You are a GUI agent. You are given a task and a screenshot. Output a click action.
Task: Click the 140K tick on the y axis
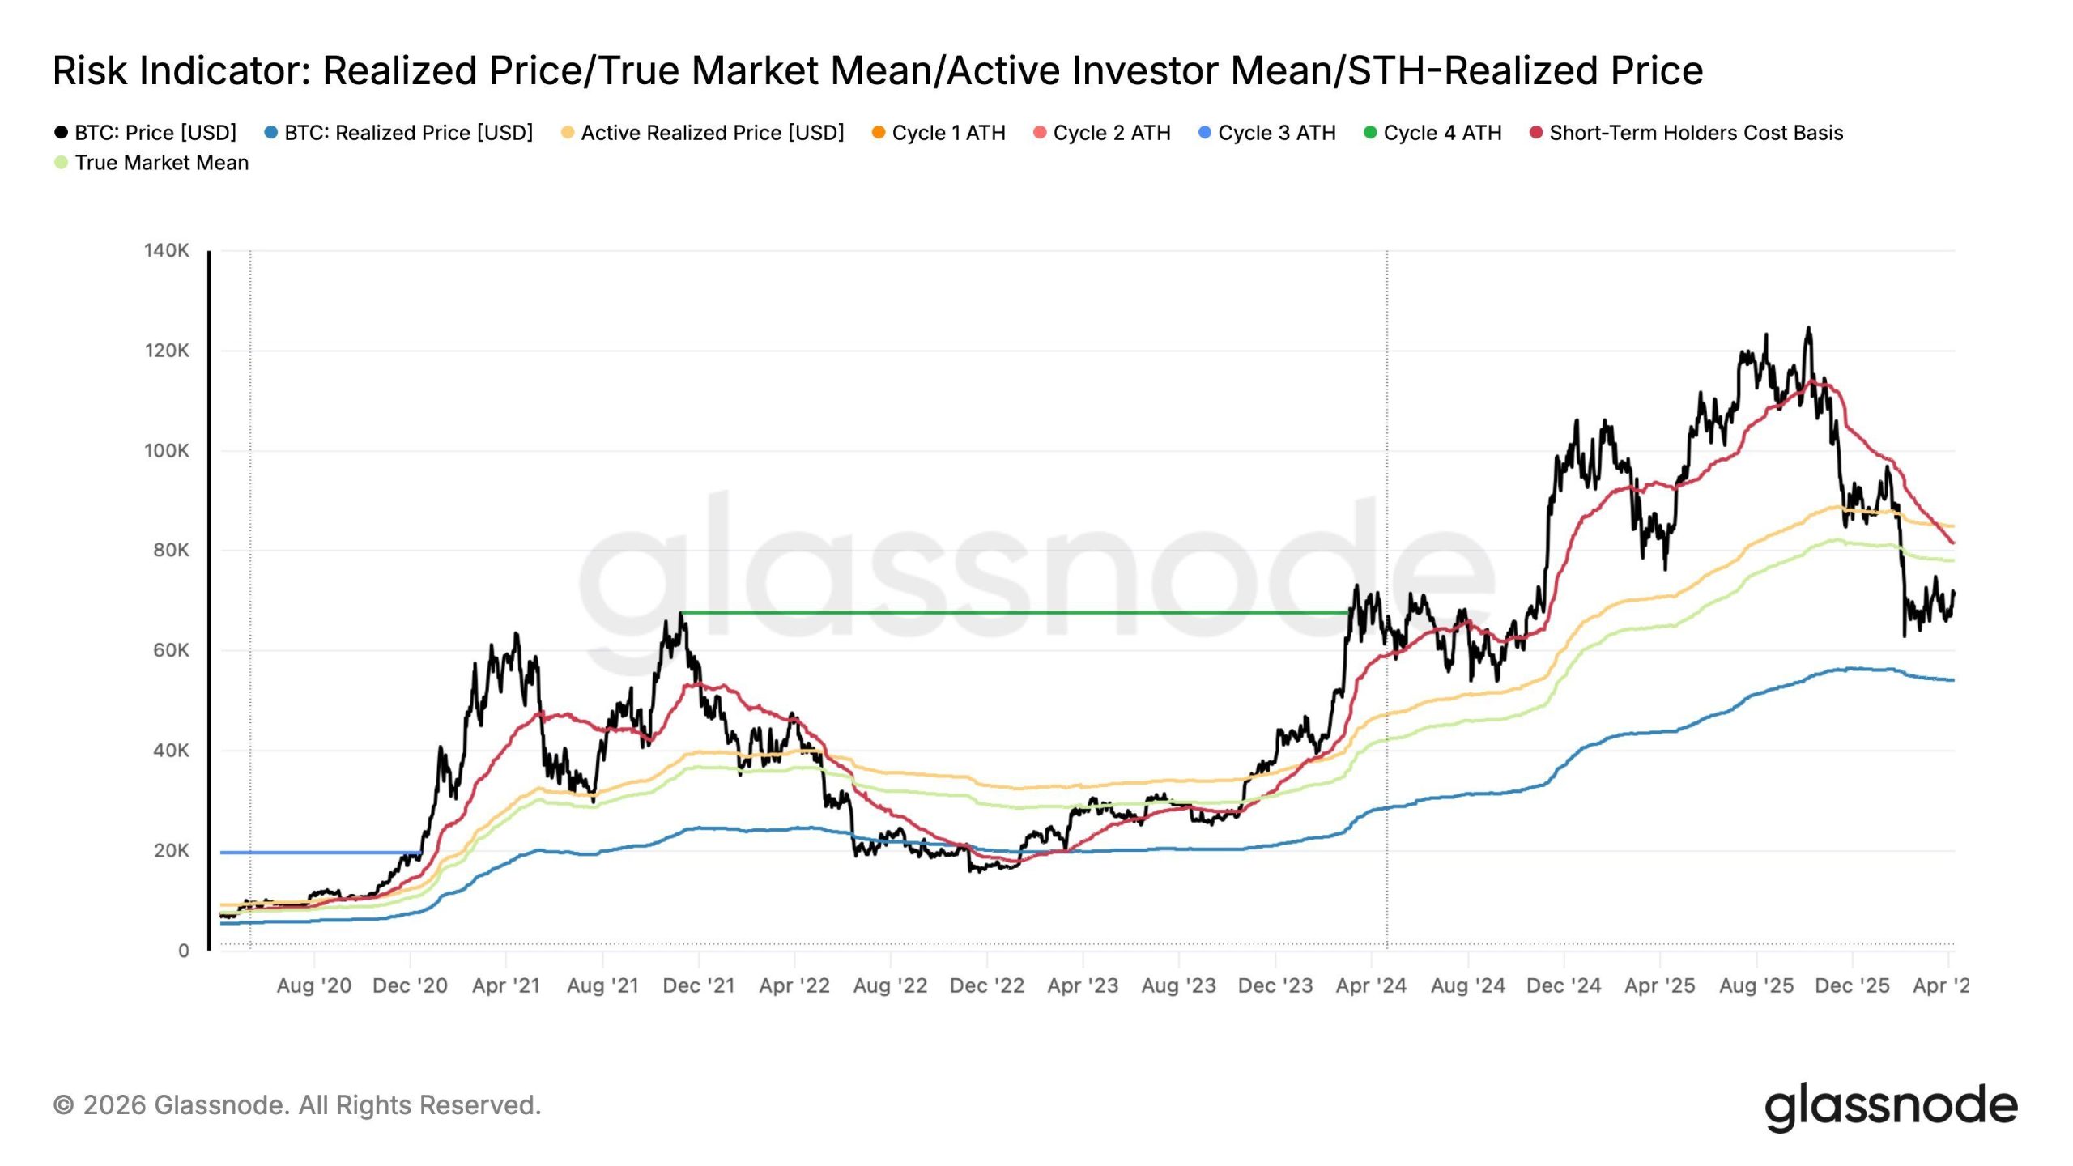[167, 251]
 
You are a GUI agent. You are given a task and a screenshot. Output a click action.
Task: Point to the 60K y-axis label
[171, 650]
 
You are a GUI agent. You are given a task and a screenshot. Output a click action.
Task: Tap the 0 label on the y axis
[184, 951]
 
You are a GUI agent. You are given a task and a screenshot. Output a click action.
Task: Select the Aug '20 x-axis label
[313, 985]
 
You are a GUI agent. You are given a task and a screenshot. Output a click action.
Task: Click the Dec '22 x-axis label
[986, 985]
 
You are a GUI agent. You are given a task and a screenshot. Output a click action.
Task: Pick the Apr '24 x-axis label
[1371, 985]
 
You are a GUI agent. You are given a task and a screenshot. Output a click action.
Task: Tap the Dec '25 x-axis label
[1852, 985]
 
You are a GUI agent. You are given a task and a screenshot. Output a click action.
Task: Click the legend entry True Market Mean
[161, 163]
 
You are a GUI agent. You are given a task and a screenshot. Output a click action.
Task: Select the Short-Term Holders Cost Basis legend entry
[1696, 133]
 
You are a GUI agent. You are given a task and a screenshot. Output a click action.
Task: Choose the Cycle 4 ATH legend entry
[1441, 133]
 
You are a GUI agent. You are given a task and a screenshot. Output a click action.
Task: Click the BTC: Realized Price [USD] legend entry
[408, 133]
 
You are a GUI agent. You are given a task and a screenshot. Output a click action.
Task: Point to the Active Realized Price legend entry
[712, 133]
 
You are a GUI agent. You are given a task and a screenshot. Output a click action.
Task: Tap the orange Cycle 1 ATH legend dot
[879, 132]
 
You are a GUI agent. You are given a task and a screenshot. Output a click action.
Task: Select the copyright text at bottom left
[297, 1105]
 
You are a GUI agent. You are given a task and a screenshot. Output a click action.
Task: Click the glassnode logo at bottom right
[1891, 1107]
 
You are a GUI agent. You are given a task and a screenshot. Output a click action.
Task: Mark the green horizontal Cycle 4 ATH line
[1012, 613]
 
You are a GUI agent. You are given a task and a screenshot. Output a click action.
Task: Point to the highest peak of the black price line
[1808, 329]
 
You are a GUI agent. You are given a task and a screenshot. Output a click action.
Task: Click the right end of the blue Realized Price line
[1953, 680]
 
